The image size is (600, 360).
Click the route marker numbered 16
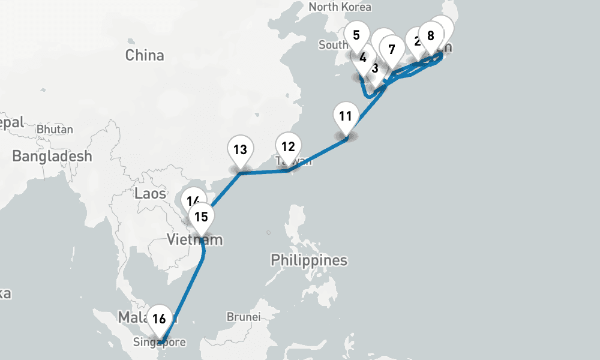pos(159,319)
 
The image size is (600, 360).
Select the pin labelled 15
pos(201,218)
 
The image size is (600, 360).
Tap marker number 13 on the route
pos(240,150)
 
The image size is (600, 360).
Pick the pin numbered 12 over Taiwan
pos(288,147)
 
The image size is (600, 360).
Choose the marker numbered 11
pos(345,116)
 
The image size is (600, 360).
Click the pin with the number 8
pos(430,35)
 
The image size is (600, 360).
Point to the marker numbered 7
pos(392,49)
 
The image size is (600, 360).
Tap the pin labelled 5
pos(356,35)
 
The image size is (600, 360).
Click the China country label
pos(145,55)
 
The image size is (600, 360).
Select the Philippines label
pos(309,260)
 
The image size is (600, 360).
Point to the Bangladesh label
pos(52,157)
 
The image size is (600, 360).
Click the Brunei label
pos(244,316)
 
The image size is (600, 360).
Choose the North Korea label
pos(340,7)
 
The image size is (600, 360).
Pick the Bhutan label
pos(55,129)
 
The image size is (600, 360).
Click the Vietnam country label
pos(194,241)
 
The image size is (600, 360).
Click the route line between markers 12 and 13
pos(264,172)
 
